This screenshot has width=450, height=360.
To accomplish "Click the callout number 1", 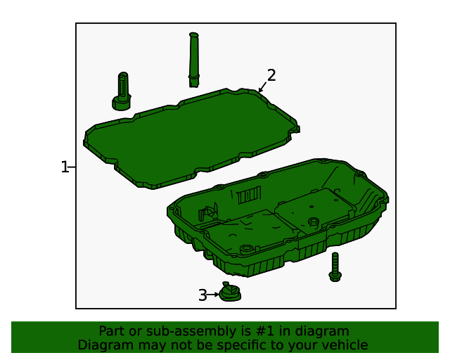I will click(65, 167).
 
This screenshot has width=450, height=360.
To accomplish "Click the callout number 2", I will click(271, 75).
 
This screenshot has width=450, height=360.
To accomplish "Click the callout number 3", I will click(202, 295).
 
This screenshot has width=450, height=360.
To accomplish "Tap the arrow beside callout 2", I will click(262, 89).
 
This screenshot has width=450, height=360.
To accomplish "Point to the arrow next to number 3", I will click(214, 295).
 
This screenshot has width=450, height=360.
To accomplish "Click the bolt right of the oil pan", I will click(335, 267).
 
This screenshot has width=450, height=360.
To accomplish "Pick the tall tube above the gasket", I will click(194, 60).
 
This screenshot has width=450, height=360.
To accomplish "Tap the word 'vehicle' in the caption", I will click(345, 345).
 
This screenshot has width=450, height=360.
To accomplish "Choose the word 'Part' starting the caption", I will click(111, 331).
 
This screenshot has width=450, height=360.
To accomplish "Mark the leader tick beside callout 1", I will click(73, 167).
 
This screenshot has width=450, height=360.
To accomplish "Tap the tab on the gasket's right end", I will click(297, 129).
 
